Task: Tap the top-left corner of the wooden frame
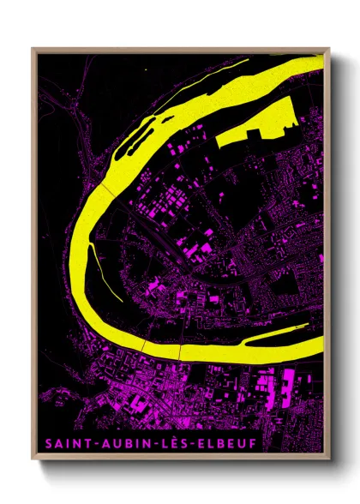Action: tap(33, 49)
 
